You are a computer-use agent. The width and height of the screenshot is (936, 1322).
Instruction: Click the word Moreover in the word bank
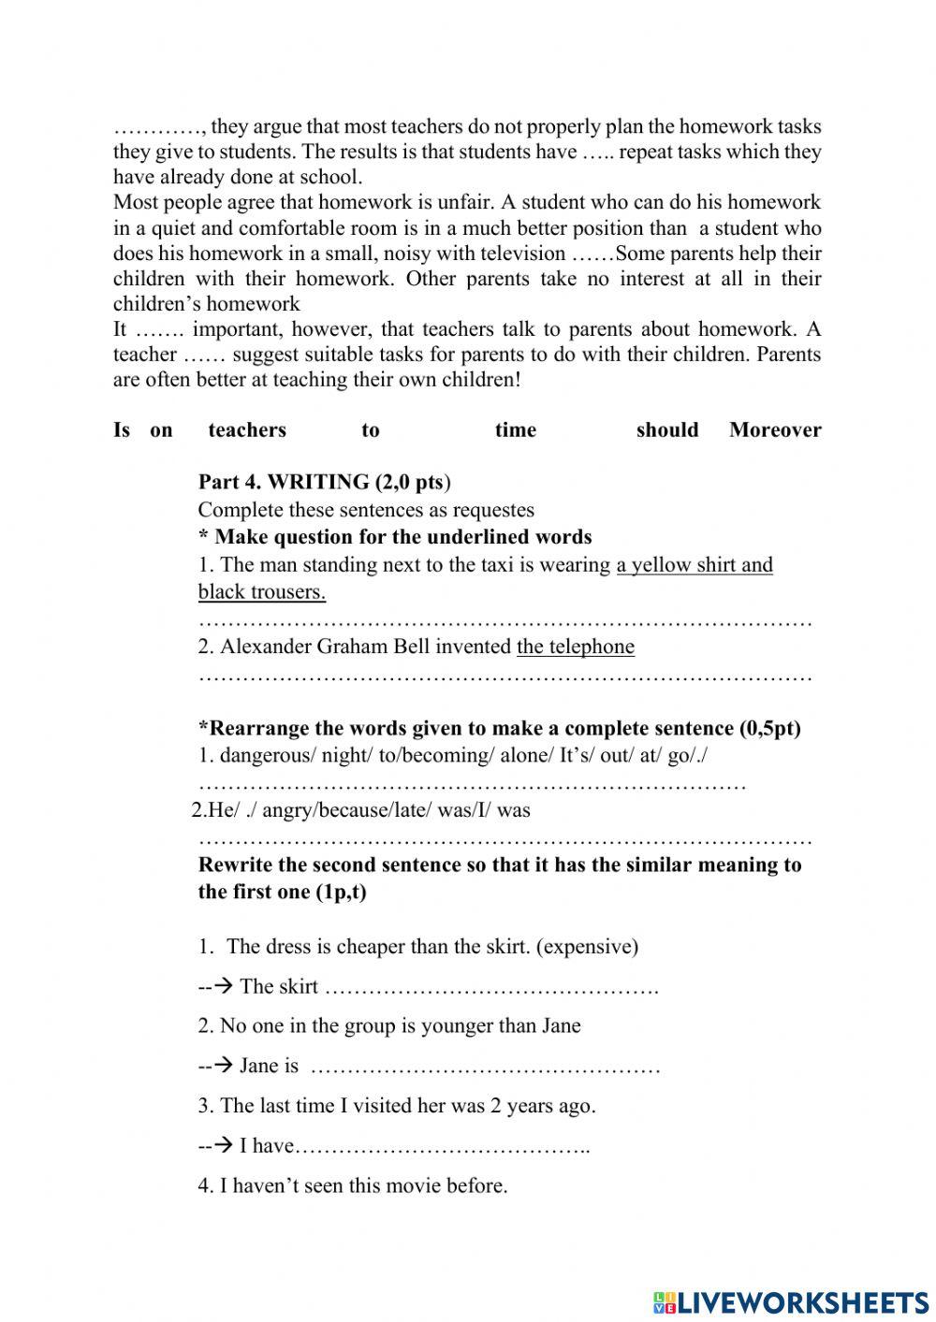pos(775,430)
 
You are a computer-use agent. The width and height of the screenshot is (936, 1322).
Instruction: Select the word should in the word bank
pos(667,430)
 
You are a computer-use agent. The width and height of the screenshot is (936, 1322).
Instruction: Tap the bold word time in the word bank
pos(516,430)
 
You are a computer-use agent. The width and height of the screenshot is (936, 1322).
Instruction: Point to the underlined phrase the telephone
pos(576,646)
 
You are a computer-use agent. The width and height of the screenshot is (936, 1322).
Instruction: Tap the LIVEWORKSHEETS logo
pos(791,1301)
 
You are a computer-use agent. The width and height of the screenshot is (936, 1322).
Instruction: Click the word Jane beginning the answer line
pos(256,1066)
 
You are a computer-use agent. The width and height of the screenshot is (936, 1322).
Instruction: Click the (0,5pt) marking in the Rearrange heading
pos(770,729)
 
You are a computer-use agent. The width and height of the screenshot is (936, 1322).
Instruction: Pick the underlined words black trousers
pos(262,592)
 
